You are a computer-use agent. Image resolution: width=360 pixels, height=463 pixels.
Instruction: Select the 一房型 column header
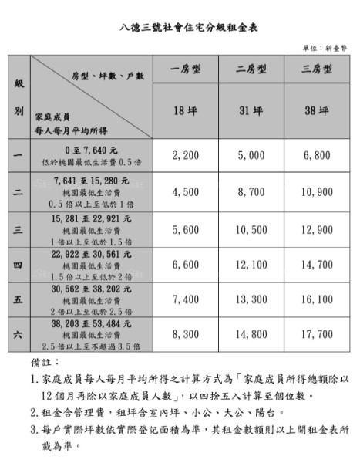click(x=186, y=69)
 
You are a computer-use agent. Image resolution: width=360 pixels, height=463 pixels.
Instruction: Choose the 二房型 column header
click(x=251, y=69)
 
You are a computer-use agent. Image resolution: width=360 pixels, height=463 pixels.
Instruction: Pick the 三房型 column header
click(x=317, y=69)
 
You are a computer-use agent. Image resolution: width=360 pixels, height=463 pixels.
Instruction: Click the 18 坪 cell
click(x=186, y=111)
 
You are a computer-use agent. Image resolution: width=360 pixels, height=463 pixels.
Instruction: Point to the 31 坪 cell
click(x=251, y=111)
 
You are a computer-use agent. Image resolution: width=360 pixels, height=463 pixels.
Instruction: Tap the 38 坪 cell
click(x=317, y=111)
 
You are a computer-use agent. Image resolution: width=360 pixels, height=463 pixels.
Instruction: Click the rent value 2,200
click(x=186, y=156)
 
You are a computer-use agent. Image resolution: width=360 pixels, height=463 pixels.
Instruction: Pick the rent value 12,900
click(x=317, y=229)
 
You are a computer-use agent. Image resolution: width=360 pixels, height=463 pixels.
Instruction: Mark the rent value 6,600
click(x=186, y=265)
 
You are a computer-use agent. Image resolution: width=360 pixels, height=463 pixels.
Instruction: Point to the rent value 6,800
click(x=317, y=156)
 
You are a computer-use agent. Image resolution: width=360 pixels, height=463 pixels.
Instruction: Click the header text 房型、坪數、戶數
click(x=108, y=76)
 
